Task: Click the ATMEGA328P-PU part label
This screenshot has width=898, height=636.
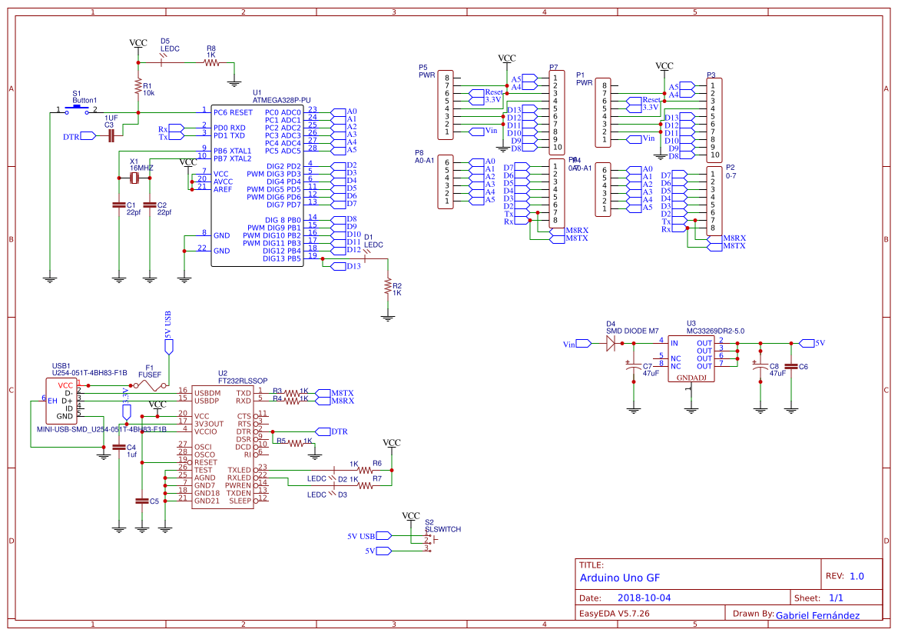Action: pos(281,100)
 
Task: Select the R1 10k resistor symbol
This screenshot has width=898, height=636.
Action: pos(138,85)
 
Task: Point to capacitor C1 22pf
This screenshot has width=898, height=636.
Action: pos(118,205)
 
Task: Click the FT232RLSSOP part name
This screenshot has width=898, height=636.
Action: pos(243,381)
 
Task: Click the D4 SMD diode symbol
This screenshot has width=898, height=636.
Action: pos(612,343)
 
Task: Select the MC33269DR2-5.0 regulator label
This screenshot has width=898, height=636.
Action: pos(715,331)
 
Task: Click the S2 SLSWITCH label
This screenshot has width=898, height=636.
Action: pos(442,530)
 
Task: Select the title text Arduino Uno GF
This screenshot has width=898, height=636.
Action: pos(619,578)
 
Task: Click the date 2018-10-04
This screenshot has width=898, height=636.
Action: pos(644,598)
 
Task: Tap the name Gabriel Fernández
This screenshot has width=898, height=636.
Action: pos(817,615)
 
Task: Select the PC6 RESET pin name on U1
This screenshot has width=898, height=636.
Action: pos(233,112)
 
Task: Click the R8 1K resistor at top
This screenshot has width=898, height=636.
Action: pos(211,63)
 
